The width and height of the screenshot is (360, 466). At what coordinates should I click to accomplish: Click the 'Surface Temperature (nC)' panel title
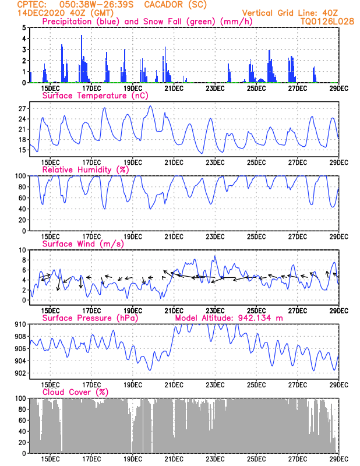[95, 96]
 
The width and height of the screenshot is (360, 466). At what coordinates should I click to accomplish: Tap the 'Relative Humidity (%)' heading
[86, 170]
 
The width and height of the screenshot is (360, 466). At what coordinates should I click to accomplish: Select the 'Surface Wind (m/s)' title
[83, 244]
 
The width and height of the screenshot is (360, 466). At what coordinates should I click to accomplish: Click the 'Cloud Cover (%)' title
[75, 392]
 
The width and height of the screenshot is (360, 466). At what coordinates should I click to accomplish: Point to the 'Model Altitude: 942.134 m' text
[229, 318]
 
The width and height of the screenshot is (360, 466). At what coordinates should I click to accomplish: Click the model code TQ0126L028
[327, 22]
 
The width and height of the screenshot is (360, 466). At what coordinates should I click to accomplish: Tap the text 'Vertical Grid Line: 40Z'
[290, 13]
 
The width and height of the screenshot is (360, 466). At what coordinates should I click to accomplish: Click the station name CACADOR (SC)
[175, 5]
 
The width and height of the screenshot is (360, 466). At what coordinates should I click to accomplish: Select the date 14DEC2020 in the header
[41, 13]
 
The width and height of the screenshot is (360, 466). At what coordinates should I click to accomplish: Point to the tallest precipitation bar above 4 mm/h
[82, 59]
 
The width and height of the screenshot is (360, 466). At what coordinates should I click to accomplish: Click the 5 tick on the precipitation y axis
[24, 27]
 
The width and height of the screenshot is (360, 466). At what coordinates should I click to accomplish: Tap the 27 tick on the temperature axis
[22, 109]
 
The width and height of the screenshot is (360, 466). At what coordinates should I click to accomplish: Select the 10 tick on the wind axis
[22, 250]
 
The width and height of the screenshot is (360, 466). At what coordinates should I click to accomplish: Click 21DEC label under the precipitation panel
[174, 89]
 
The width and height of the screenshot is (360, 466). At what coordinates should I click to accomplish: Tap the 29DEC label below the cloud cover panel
[338, 459]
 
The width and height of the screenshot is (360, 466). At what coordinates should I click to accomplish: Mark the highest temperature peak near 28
[150, 106]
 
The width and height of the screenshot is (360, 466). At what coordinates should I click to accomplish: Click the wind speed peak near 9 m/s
[215, 256]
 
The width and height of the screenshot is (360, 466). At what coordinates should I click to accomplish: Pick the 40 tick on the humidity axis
[22, 209]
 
